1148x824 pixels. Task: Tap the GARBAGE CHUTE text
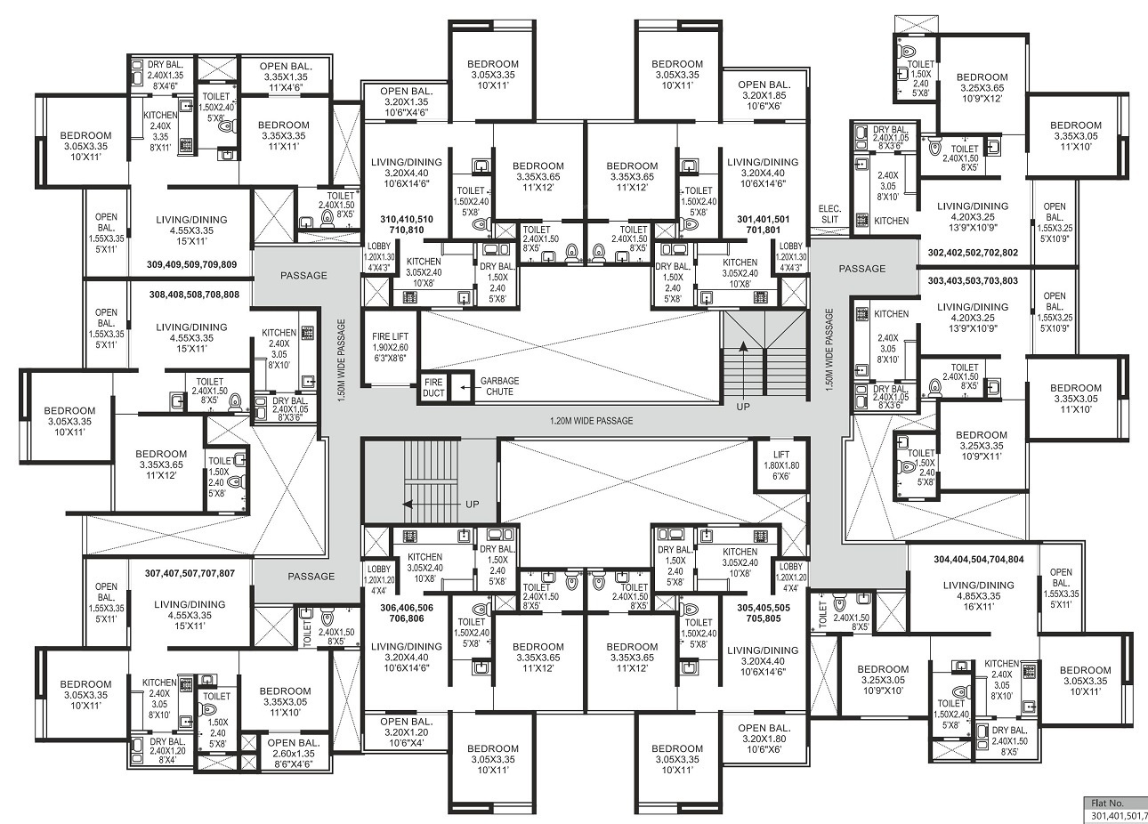[499, 386]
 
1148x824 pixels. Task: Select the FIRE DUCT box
[433, 387]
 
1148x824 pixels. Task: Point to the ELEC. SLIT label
[829, 214]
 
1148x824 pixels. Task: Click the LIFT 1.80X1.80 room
[781, 465]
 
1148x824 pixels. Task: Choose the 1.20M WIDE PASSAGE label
[591, 421]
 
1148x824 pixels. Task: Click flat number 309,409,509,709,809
[191, 265]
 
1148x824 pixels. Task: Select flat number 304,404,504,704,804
[978, 559]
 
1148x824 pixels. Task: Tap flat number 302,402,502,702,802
[973, 253]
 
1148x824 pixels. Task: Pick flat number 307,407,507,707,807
[190, 573]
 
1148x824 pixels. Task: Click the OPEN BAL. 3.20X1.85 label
[764, 95]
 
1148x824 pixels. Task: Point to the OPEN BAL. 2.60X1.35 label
[294, 754]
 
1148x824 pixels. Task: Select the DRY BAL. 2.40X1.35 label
[165, 76]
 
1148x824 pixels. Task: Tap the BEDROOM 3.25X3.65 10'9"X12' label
[982, 87]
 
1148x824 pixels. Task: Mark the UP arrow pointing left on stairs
[415, 505]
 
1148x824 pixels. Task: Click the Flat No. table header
[1107, 804]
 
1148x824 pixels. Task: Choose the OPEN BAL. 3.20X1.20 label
[407, 732]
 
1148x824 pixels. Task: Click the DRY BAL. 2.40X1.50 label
[1010, 741]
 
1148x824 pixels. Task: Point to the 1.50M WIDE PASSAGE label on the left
[342, 359]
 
